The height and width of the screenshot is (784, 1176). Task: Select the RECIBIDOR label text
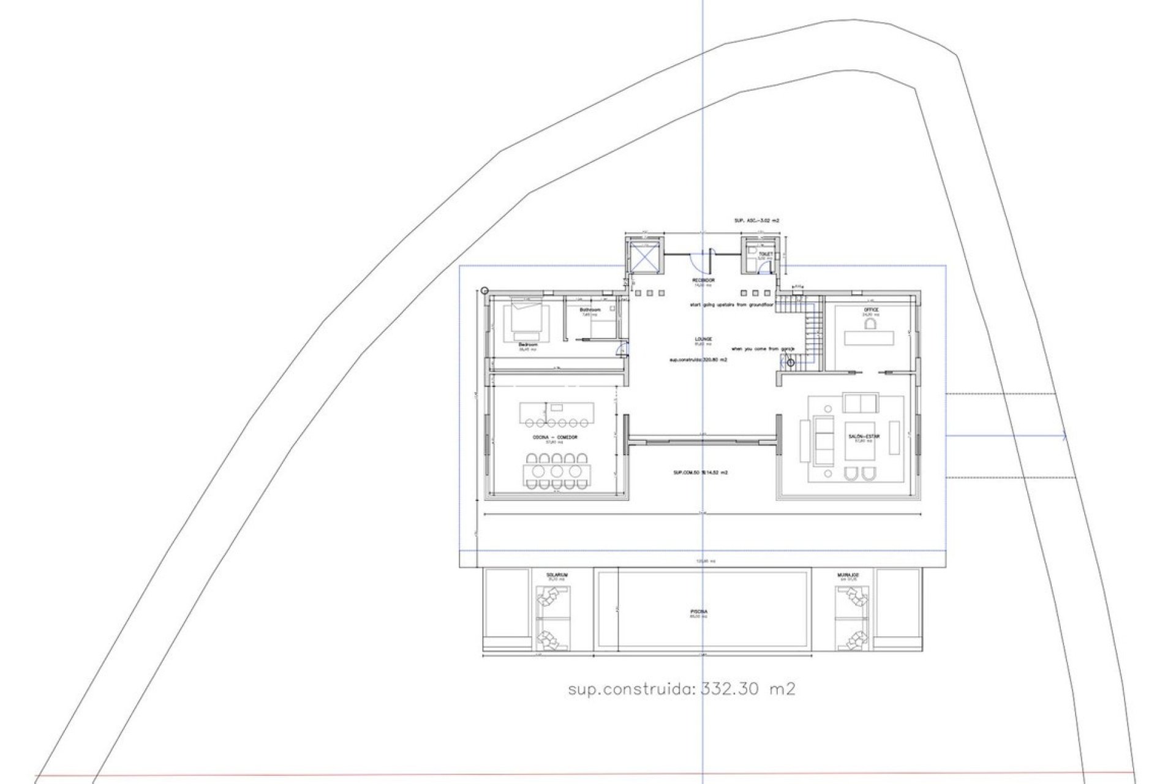704,281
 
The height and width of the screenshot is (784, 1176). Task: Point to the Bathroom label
590,311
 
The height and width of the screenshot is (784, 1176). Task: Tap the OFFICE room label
871,311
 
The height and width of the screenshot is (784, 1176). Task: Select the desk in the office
869,337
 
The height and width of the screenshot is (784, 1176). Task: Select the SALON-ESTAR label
864,437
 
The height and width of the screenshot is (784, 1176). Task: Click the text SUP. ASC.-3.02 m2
756,220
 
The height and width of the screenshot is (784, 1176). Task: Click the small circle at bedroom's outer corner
485,291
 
